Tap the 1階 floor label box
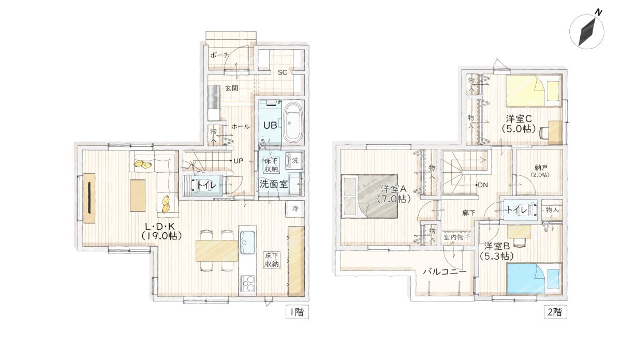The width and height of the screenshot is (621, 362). [297, 312]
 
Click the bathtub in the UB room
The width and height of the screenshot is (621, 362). [292, 123]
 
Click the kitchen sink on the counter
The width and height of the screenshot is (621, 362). [247, 240]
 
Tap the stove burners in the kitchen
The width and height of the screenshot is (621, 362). [247, 284]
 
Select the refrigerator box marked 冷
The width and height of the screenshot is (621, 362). [295, 208]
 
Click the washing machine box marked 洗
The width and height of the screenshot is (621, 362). [295, 160]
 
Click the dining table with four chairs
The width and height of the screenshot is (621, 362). [216, 251]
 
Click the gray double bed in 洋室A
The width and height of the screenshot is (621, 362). [368, 197]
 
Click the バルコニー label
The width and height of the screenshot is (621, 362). [444, 271]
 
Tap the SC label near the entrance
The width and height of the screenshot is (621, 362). [282, 72]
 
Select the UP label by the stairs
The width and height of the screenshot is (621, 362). [238, 161]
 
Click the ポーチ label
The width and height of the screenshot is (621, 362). [219, 55]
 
